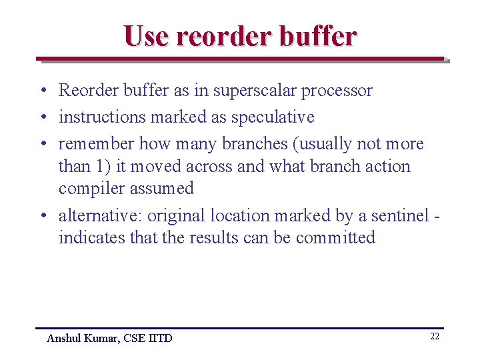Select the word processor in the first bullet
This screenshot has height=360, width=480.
click(x=339, y=91)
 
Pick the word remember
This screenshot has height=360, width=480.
click(x=96, y=144)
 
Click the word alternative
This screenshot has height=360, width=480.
click(x=100, y=216)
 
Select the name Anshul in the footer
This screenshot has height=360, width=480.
click(x=64, y=339)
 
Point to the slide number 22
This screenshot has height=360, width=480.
click(x=434, y=337)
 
